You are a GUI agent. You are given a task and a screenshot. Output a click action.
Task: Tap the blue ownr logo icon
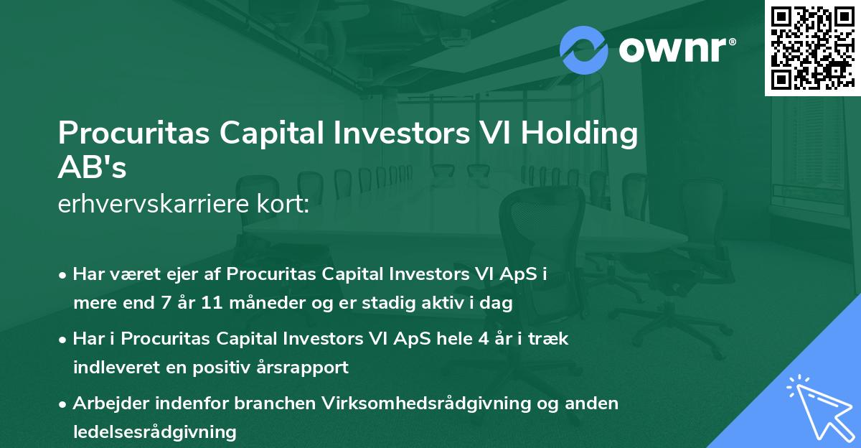(583, 50)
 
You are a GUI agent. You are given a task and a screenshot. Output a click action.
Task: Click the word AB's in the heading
(92, 168)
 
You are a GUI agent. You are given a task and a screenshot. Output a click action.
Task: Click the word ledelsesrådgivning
(154, 431)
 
